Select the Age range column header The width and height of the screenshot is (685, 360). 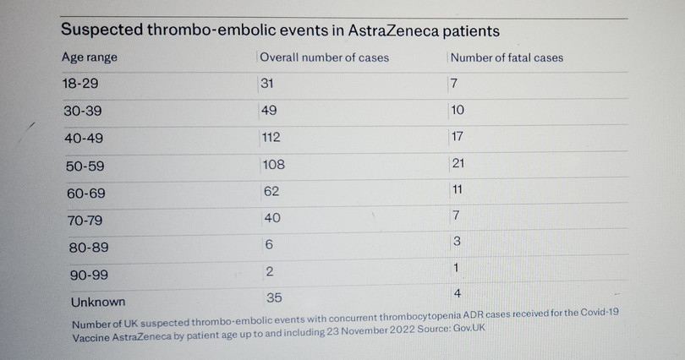tap(90, 57)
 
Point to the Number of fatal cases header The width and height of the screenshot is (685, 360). tap(507, 57)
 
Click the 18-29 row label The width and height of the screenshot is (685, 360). tap(81, 85)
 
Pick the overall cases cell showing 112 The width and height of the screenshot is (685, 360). tap(271, 138)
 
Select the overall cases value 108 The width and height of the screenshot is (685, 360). tap(272, 165)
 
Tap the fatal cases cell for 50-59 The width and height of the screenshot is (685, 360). tap(460, 162)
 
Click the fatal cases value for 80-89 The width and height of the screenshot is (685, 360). tap(457, 242)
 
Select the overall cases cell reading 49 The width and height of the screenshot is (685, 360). tap(269, 111)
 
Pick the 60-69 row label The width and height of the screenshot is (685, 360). tap(85, 194)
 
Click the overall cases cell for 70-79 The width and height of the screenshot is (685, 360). tap(271, 218)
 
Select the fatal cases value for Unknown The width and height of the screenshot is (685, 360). tap(457, 293)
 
